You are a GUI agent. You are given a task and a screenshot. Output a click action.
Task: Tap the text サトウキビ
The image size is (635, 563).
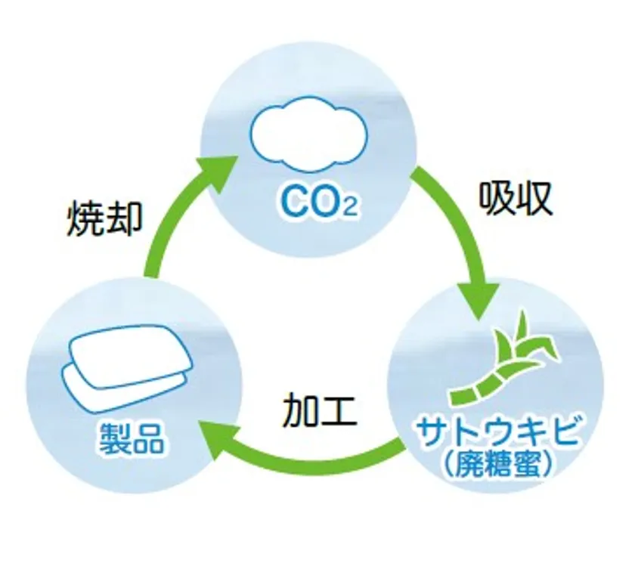tap(500, 437)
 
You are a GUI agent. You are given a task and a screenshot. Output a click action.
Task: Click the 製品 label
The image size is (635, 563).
tap(130, 439)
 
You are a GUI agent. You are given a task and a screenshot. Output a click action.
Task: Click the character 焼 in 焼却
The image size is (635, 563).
tap(83, 219)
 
